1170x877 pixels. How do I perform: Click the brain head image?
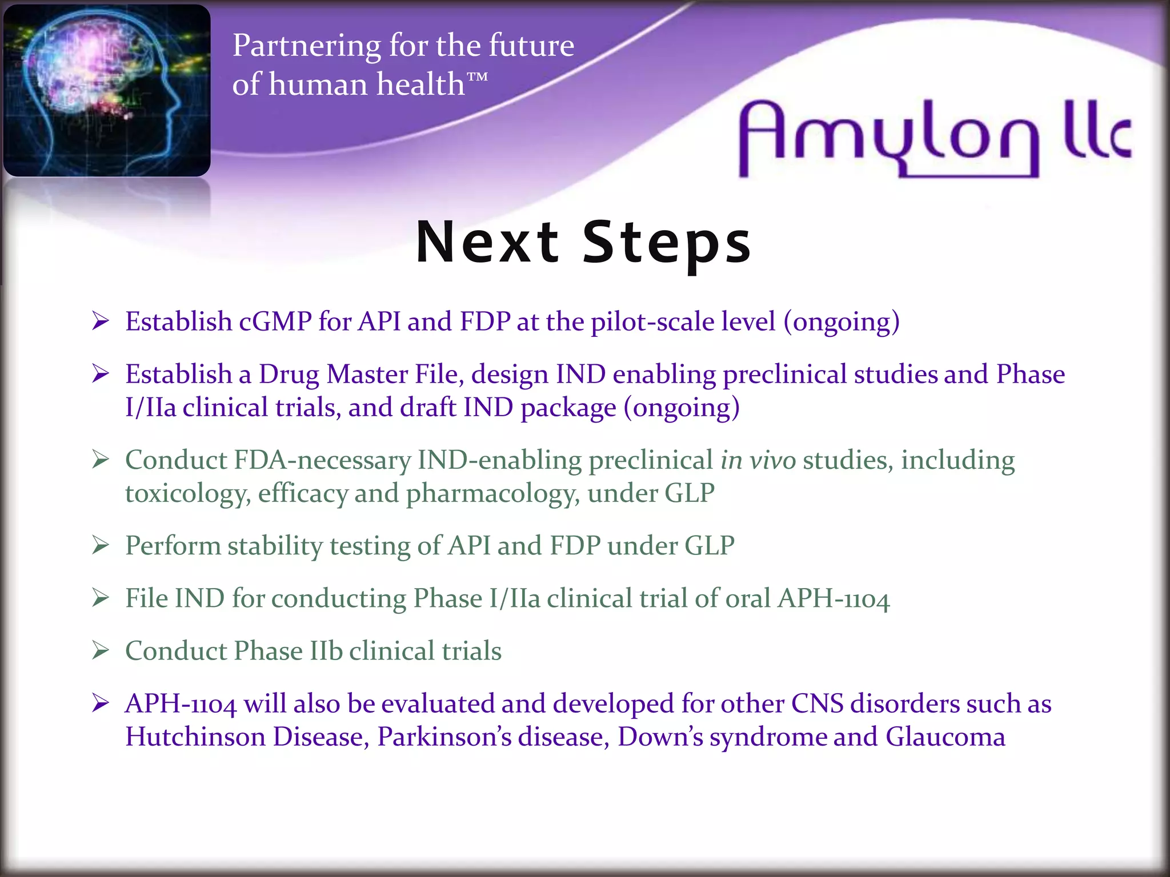107,90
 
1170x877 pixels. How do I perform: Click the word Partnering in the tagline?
306,46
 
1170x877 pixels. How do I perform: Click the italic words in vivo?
758,460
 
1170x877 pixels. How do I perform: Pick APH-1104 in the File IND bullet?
834,599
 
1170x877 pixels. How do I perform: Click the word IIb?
326,651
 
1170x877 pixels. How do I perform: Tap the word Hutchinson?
195,737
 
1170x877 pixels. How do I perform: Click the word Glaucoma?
945,737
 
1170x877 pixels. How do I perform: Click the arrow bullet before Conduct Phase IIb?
101,650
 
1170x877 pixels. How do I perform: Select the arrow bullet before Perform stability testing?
101,545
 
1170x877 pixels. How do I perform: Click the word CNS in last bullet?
817,703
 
